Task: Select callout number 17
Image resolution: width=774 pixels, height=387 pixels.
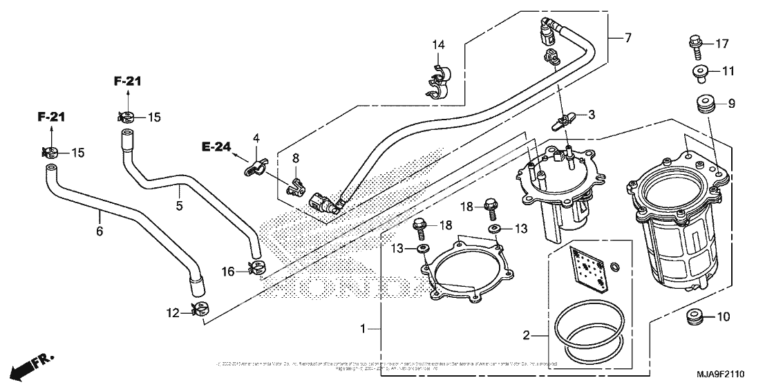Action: [x=721, y=44]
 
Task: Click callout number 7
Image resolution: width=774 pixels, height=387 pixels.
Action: [x=627, y=37]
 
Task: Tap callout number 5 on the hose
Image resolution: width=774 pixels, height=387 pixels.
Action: [x=179, y=205]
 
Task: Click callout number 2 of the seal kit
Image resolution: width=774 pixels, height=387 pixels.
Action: [x=526, y=335]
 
